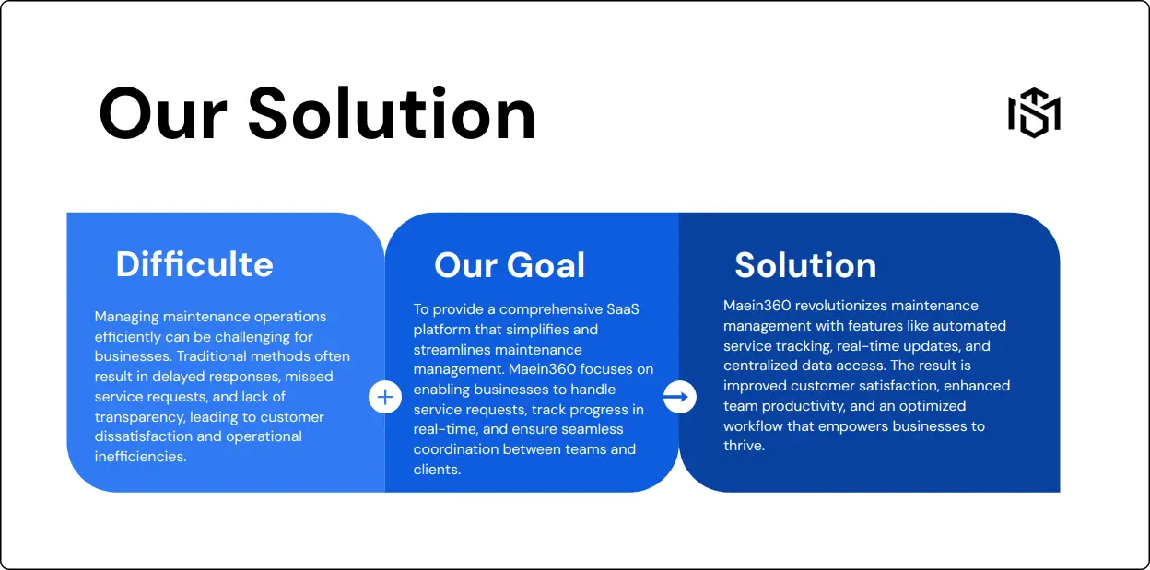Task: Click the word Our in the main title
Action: click(x=163, y=114)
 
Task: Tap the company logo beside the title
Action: click(x=1034, y=113)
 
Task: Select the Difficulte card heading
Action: click(x=194, y=264)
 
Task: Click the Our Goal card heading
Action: click(x=510, y=265)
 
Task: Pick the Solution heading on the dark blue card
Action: click(x=805, y=265)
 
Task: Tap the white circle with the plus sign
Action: click(x=385, y=397)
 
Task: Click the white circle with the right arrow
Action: click(x=679, y=397)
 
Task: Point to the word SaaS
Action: click(x=623, y=309)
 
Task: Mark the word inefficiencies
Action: click(x=140, y=457)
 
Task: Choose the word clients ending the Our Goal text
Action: click(x=437, y=470)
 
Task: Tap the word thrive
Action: click(x=744, y=446)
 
